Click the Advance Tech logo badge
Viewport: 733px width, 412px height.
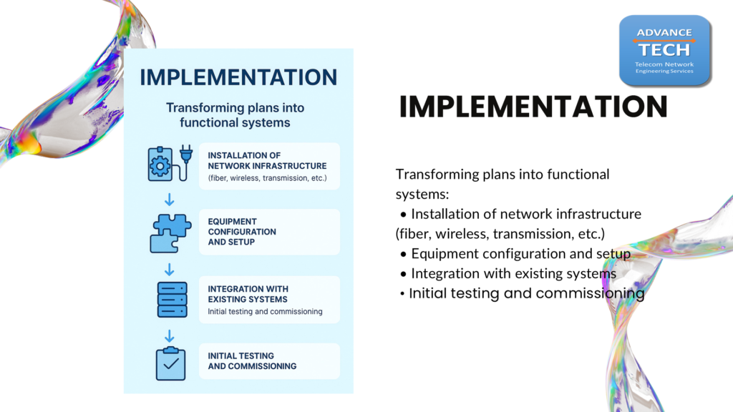pyautogui.click(x=665, y=51)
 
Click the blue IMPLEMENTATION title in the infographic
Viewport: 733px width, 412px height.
pyautogui.click(x=238, y=77)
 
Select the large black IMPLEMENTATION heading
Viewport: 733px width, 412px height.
pyautogui.click(x=533, y=107)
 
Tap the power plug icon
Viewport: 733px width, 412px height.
pyautogui.click(x=186, y=162)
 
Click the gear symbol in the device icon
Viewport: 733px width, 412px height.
pyautogui.click(x=160, y=166)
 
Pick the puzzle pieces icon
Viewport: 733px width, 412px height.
pyautogui.click(x=170, y=233)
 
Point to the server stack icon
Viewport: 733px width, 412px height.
pyautogui.click(x=172, y=300)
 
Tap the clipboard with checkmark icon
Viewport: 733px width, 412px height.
pyautogui.click(x=170, y=363)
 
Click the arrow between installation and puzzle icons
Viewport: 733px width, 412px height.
pyautogui.click(x=169, y=200)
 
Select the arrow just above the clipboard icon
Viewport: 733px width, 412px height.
pyautogui.click(x=169, y=336)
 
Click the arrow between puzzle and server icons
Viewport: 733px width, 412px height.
pyautogui.click(x=169, y=270)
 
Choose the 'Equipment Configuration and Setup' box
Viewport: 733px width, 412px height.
pyautogui.click(x=269, y=232)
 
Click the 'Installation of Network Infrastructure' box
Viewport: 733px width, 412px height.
pyautogui.click(x=269, y=166)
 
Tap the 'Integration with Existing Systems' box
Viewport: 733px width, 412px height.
pyautogui.click(x=269, y=300)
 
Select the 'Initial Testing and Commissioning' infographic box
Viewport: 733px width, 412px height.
pyautogui.click(x=269, y=361)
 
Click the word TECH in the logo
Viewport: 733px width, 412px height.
pyautogui.click(x=664, y=49)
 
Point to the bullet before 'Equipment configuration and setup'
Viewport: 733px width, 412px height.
pyautogui.click(x=403, y=255)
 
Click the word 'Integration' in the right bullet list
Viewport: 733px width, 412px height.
pyautogui.click(x=445, y=274)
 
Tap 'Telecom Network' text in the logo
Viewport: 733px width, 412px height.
pyautogui.click(x=664, y=64)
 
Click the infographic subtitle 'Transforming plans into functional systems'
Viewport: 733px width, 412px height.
pyautogui.click(x=235, y=115)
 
